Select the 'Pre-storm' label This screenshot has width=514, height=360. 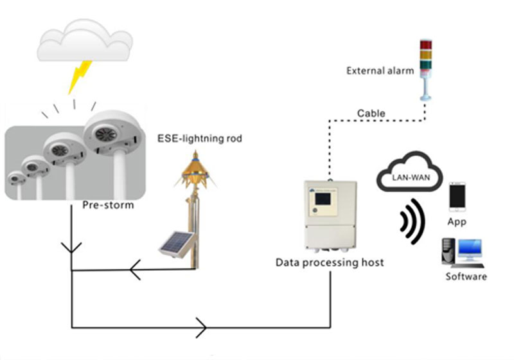[108, 206]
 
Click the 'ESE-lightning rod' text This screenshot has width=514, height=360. [200, 138]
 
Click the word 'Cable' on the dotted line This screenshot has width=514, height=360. [371, 114]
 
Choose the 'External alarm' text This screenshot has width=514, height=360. [380, 71]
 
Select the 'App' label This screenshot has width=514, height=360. [457, 222]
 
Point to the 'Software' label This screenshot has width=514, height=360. [466, 277]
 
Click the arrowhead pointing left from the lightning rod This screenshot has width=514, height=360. [134, 271]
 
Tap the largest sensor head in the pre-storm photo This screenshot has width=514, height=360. [112, 134]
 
